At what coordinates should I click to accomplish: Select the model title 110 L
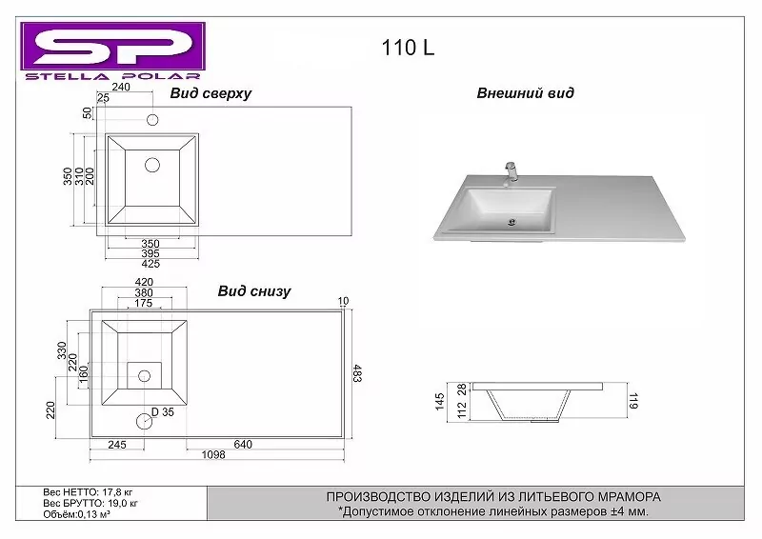point(409,49)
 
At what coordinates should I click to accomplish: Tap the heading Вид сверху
point(211,93)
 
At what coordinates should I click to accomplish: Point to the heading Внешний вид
point(525,93)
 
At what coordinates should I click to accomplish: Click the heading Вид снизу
point(254,291)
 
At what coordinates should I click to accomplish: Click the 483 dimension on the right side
point(357,374)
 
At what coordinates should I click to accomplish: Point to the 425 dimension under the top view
point(150,264)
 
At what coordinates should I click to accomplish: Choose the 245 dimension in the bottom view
point(117,444)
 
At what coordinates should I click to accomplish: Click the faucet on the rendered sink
point(510,171)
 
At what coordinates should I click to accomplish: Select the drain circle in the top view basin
point(151,165)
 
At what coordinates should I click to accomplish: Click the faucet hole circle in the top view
point(151,120)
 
